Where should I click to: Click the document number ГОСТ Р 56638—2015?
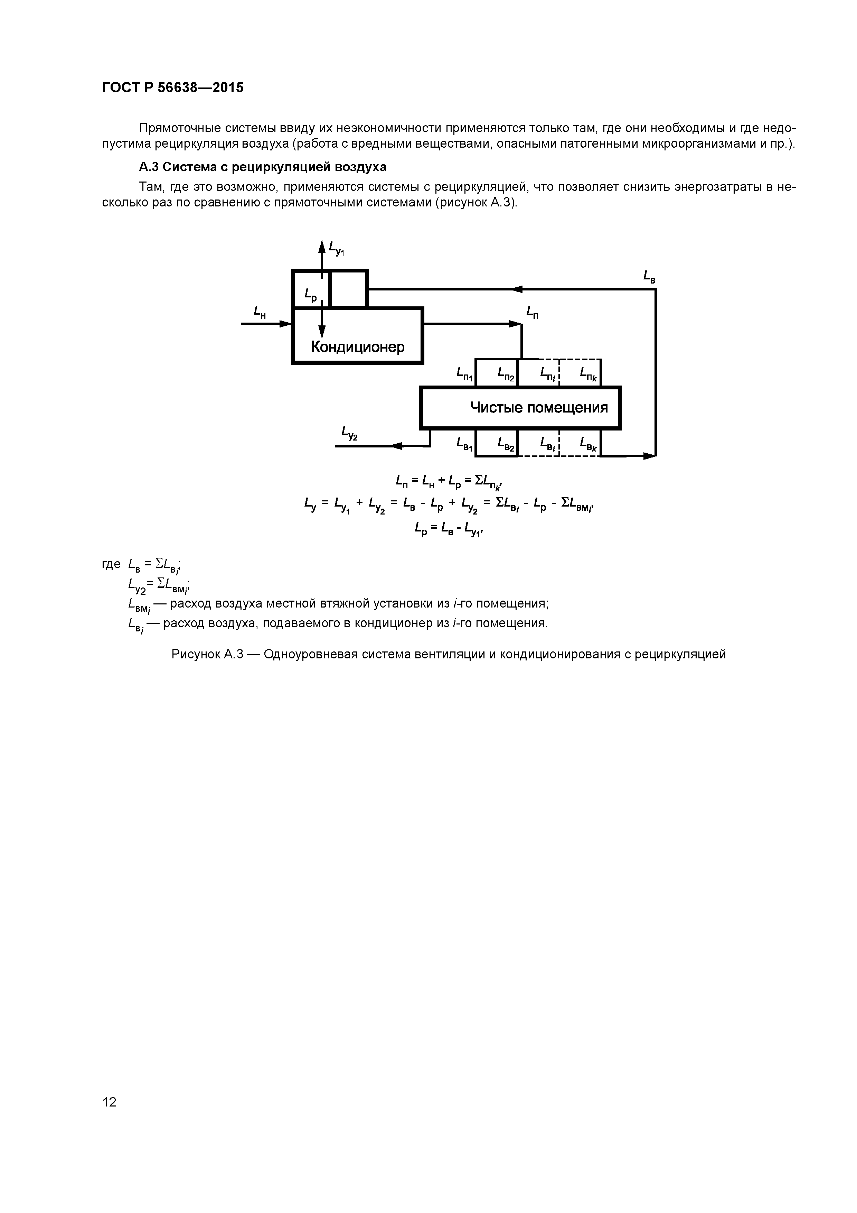[173, 88]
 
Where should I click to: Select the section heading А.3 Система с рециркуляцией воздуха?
[262, 167]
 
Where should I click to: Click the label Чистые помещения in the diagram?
[539, 407]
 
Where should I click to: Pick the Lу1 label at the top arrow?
[336, 248]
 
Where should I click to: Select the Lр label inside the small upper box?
[310, 295]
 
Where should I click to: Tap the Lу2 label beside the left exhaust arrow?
[350, 433]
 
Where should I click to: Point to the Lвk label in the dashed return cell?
[588, 444]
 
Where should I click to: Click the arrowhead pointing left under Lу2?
[397, 446]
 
